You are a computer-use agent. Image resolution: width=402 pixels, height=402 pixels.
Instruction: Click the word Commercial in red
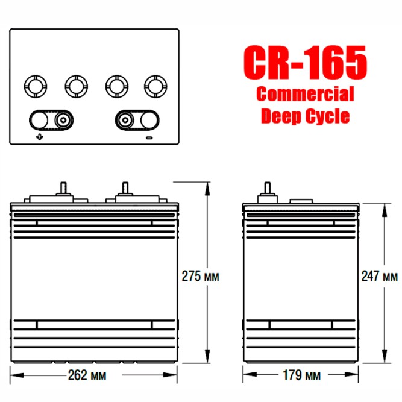point(305,95)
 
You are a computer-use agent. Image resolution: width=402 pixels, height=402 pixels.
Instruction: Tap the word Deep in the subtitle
point(280,116)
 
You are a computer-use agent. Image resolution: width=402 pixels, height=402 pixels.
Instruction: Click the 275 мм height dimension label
point(199,276)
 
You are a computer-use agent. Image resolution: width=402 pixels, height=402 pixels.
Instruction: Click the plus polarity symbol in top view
point(40,137)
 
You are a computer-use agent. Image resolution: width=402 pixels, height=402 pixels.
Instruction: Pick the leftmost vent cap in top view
point(34,86)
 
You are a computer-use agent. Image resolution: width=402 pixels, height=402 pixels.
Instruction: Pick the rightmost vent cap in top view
point(155,86)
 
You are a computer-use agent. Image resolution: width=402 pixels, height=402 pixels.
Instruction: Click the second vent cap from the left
point(75,86)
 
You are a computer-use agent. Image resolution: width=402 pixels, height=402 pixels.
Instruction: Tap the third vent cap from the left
point(115,86)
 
